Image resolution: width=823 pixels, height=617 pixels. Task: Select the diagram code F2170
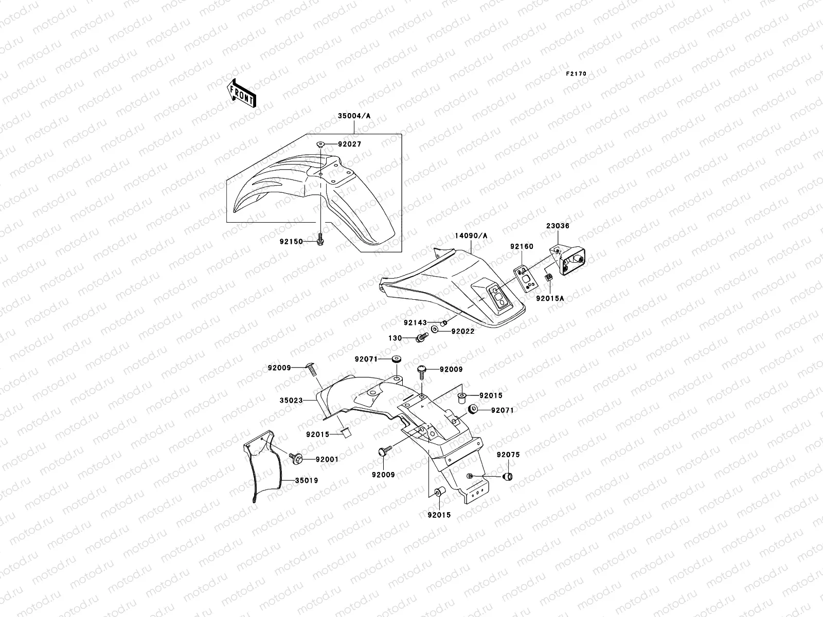point(576,74)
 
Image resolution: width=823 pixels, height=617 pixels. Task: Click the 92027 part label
point(350,144)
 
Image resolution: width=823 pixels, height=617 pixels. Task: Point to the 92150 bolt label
point(291,240)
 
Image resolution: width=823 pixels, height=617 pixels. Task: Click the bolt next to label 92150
point(319,239)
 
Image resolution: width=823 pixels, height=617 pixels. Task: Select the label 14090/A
point(471,236)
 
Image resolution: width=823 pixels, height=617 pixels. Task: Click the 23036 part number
point(558,226)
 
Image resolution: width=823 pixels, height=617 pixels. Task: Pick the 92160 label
point(522,247)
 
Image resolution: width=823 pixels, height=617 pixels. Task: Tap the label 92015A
point(550,298)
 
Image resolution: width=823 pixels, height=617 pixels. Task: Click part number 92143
point(415,323)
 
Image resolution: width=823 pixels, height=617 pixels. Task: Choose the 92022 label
point(463,332)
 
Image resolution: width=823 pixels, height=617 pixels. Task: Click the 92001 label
point(327,459)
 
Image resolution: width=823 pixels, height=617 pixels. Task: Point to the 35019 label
point(307,481)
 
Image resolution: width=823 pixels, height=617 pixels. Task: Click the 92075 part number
point(508,455)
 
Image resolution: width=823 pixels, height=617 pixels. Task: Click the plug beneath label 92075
point(508,476)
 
